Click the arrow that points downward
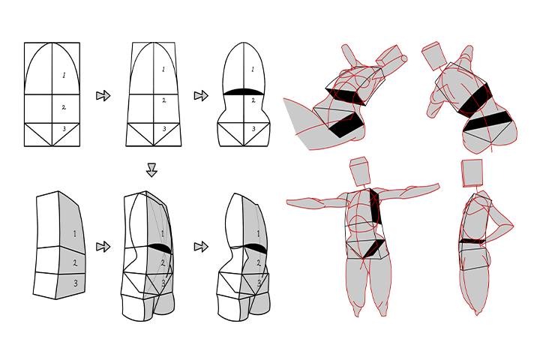tap(151, 169)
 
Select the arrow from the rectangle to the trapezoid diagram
tap(103, 95)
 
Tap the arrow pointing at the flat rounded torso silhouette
tap(201, 95)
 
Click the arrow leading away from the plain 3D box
tap(103, 247)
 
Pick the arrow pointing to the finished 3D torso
tap(201, 247)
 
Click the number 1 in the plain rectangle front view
tap(64, 75)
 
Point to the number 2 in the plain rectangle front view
tap(64, 107)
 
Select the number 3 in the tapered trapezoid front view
tap(164, 129)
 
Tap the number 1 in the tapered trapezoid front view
tap(163, 69)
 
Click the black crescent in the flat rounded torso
tap(244, 91)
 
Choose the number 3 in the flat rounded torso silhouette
tap(253, 129)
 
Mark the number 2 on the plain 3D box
tap(75, 263)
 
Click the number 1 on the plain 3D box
tap(75, 234)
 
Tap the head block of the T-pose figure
tap(360, 172)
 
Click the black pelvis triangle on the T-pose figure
tap(373, 249)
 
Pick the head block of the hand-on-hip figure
tap(472, 173)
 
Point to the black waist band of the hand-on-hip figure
tap(472, 241)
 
